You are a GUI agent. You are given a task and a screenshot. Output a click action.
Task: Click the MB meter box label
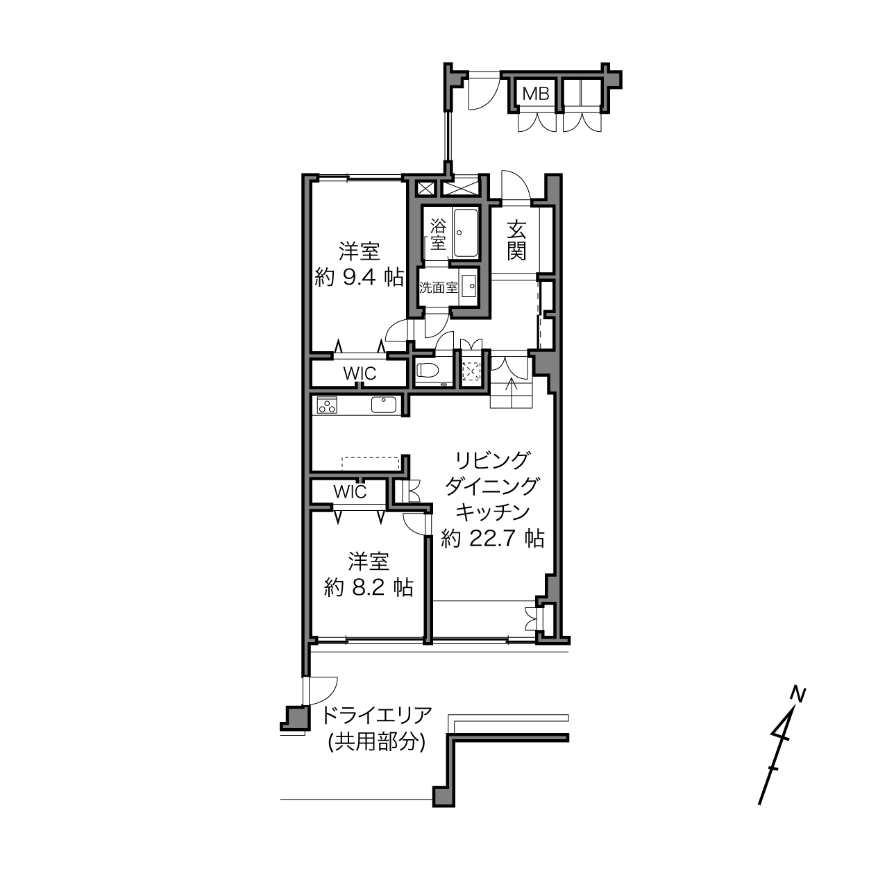click(x=536, y=94)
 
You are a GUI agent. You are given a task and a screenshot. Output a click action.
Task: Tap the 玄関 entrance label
click(x=516, y=241)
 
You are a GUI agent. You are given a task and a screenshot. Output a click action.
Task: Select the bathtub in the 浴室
click(x=466, y=233)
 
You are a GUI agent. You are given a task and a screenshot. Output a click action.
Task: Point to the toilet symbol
click(x=429, y=371)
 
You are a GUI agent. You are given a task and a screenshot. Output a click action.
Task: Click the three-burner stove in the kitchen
click(x=326, y=405)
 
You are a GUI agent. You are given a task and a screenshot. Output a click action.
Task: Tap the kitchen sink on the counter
click(x=384, y=404)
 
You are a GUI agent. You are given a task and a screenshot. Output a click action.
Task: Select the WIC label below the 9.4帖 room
click(x=360, y=373)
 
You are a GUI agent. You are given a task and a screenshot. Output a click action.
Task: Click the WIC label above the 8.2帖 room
click(x=350, y=491)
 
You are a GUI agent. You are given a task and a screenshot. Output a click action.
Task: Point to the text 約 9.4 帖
click(x=359, y=278)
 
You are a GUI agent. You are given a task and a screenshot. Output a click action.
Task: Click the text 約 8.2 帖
click(x=369, y=588)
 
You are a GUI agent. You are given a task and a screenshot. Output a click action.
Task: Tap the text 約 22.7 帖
click(x=492, y=538)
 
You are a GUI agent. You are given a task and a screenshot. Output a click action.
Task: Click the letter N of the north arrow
click(x=799, y=695)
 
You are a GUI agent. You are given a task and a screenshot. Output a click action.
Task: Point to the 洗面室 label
click(x=439, y=288)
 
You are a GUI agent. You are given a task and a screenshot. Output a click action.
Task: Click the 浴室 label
click(x=438, y=235)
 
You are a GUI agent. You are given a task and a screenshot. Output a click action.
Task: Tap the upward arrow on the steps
click(x=511, y=391)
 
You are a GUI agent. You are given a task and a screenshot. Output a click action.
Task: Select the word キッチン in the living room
click(x=492, y=512)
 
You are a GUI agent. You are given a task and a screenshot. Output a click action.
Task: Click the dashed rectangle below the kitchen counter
click(x=371, y=463)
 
